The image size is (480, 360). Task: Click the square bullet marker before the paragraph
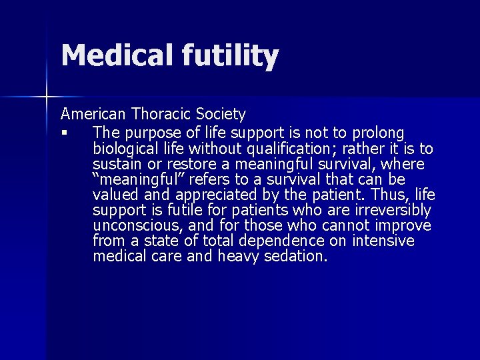(x=65, y=133)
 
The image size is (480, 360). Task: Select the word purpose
(x=150, y=133)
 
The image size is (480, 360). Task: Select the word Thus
(x=393, y=195)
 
